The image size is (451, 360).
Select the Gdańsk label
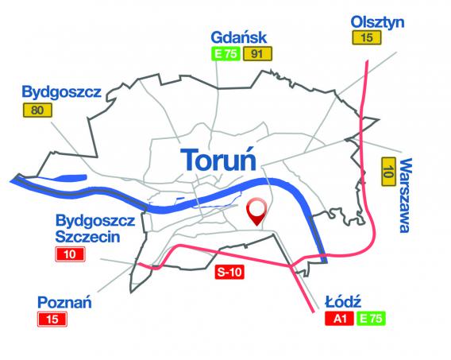pyautogui.click(x=239, y=37)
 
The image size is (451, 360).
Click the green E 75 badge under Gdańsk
pyautogui.click(x=225, y=54)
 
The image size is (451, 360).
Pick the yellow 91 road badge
pyautogui.click(x=259, y=54)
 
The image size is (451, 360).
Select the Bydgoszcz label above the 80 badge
pyautogui.click(x=62, y=92)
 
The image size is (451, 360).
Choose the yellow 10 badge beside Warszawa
pyautogui.click(x=389, y=170)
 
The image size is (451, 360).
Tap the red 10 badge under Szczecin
pyautogui.click(x=70, y=254)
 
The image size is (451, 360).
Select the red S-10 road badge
pyautogui.click(x=231, y=272)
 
